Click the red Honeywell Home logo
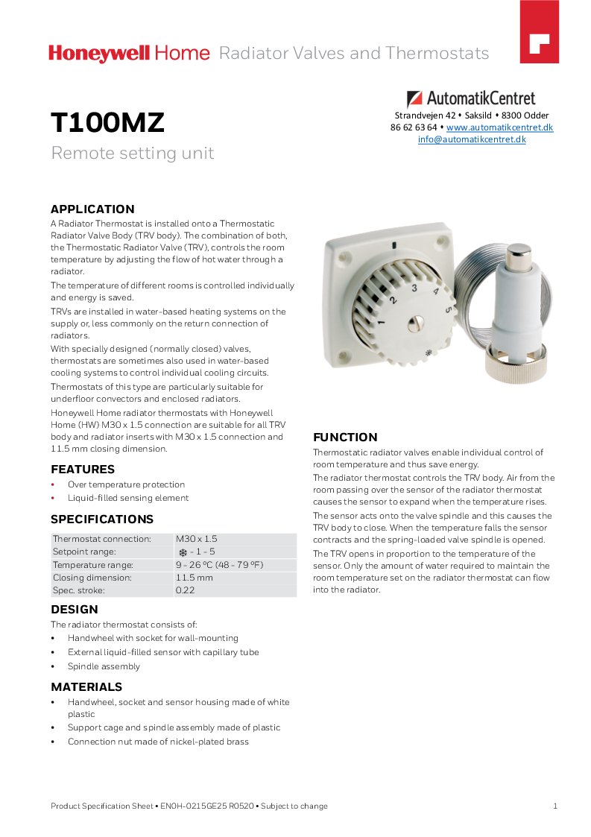pos(130,54)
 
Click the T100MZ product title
pos(107,123)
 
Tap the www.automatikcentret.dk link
pos(499,127)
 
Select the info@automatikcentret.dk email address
pos(472,139)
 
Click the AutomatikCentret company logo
pos(471,98)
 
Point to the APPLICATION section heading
pos(92,209)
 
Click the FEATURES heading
pos(83,470)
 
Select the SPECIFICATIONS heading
pos(102,519)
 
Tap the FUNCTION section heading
pos(345,438)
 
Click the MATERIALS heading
pos(86,687)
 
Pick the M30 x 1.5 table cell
pos(196,539)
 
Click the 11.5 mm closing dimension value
pos(194,578)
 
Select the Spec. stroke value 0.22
pos(186,590)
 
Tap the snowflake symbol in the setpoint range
pos(183,552)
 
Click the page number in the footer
pos(555,806)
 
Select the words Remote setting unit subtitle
pos(132,154)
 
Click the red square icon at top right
pos(539,42)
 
